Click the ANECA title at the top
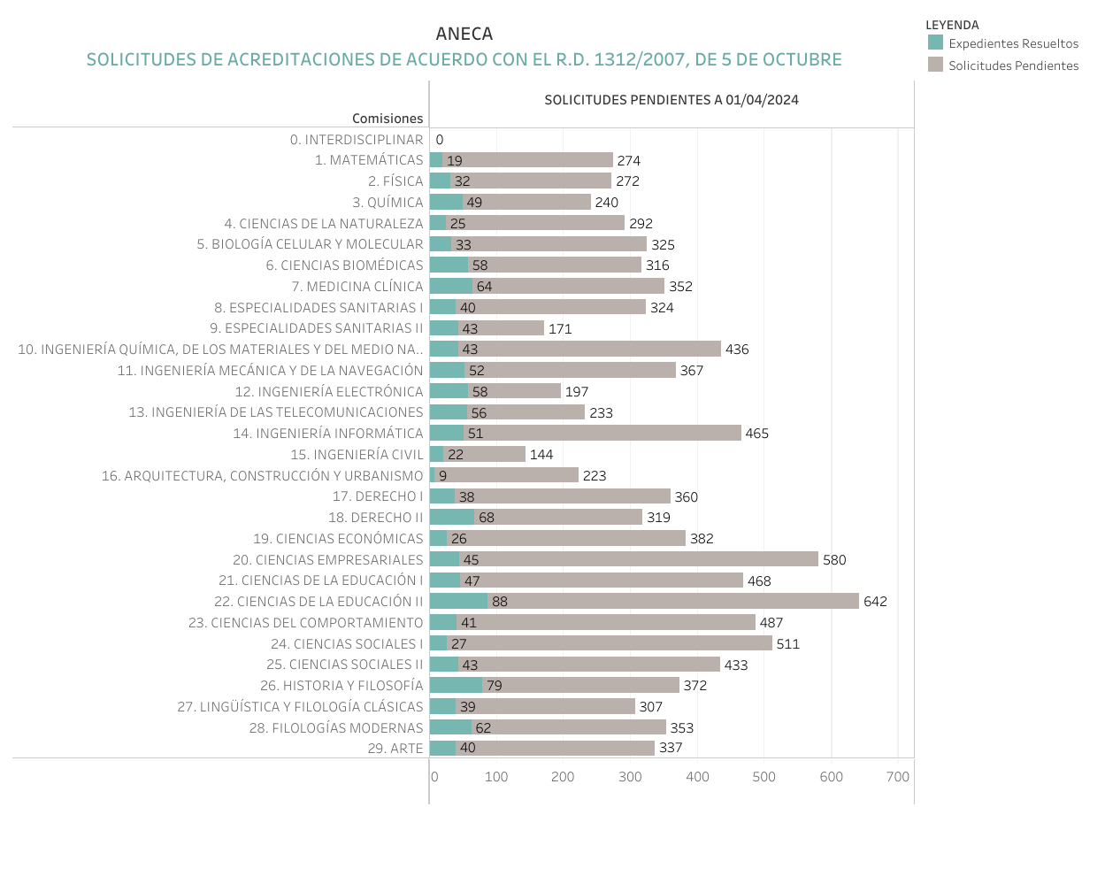464,34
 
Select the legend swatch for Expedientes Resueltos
935,42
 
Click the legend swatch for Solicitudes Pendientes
935,65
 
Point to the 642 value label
875,602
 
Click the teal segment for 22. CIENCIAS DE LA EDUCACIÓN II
458,602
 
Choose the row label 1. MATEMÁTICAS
369,160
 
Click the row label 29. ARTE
395,749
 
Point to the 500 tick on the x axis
764,777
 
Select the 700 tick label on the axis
897,777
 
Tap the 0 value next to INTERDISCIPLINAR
440,140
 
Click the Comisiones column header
388,119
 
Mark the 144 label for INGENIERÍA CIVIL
541,455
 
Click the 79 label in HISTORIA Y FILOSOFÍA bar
495,686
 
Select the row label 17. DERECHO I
378,496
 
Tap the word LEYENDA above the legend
952,25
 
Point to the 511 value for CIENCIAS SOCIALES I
787,644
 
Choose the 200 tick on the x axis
563,777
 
